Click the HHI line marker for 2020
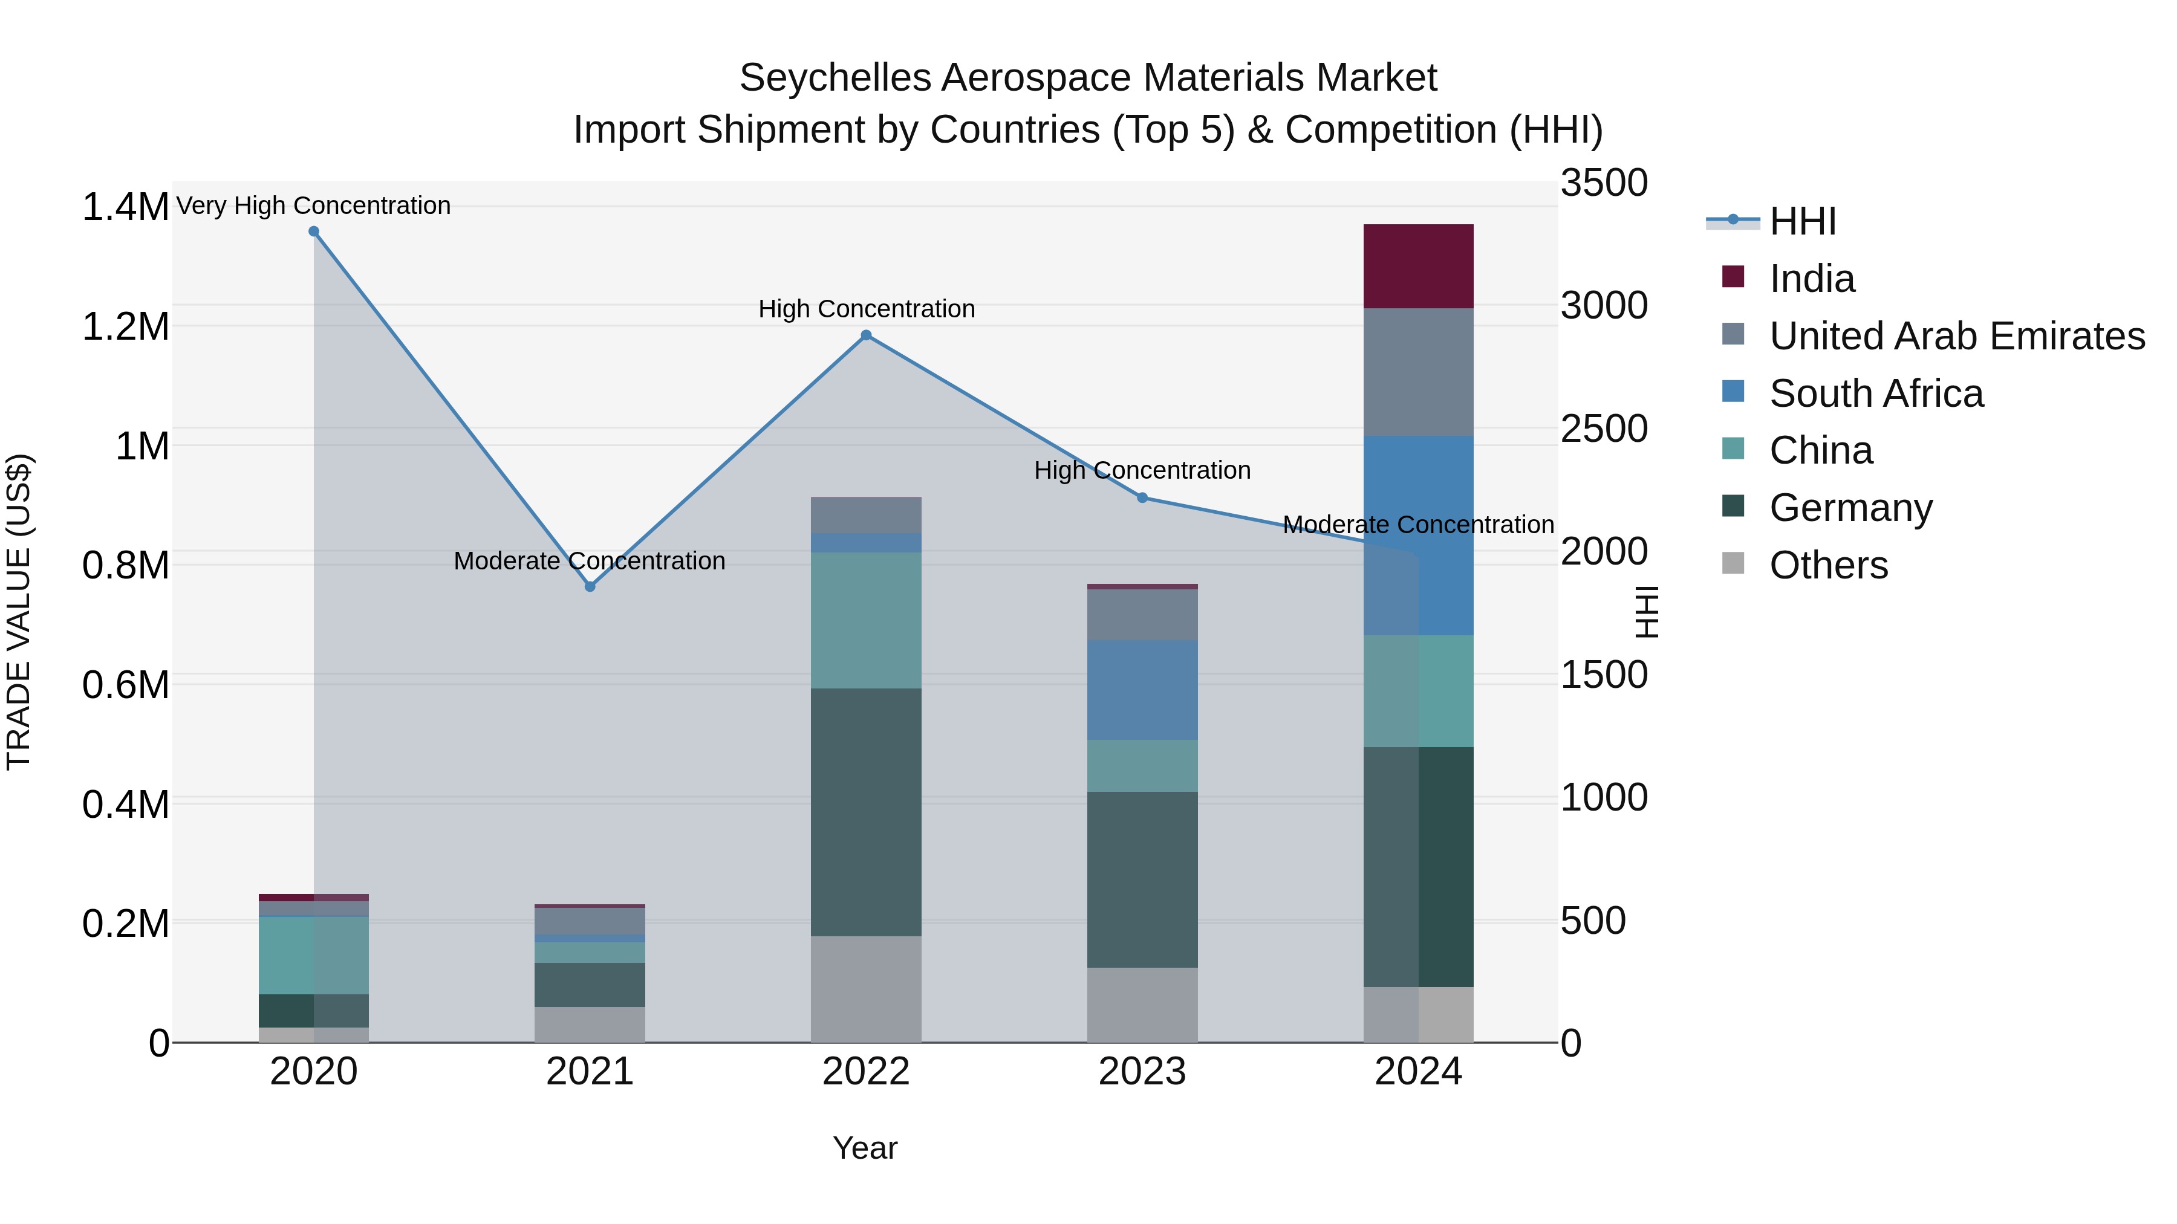coord(313,232)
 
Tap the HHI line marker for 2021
coord(590,586)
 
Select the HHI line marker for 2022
coord(866,335)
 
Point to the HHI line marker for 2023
coord(1142,497)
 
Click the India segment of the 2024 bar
coord(1418,266)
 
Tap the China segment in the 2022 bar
coord(866,620)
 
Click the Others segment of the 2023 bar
coord(1142,1005)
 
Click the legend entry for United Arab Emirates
coord(1956,336)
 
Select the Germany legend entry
coord(1851,508)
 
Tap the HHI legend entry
coord(1802,221)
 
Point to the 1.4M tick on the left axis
coord(125,207)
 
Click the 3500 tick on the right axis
coord(1603,183)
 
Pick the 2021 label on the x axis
coord(590,1072)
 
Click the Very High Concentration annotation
coord(313,206)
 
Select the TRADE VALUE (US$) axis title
coord(19,612)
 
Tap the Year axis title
coord(865,1148)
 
